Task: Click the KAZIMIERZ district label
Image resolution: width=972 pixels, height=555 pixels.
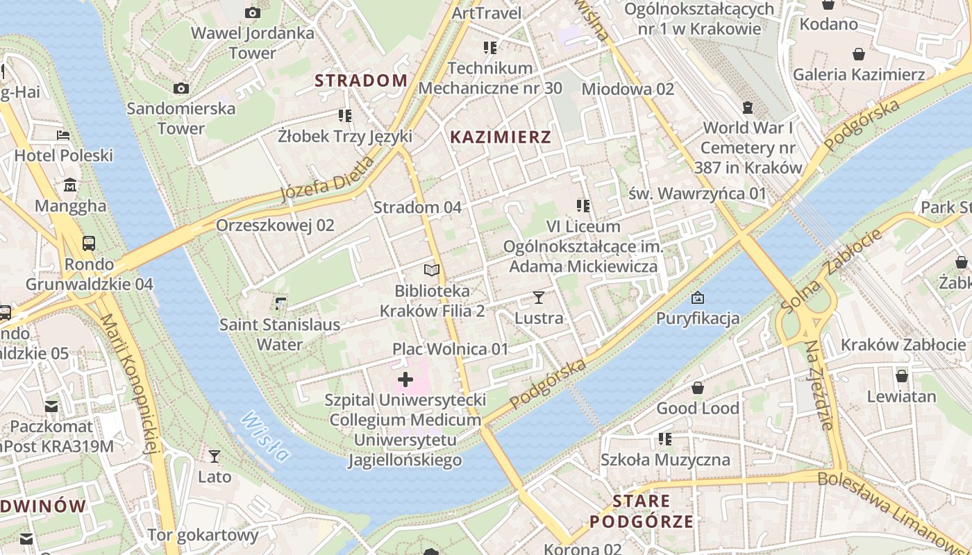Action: coord(501,137)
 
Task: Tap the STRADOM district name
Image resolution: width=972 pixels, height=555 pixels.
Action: coord(361,80)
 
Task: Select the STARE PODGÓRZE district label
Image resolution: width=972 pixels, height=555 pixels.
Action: coord(642,511)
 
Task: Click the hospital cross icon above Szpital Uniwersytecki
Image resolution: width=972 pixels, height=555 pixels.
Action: coord(405,379)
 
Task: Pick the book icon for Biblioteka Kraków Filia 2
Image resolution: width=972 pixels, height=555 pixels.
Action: coord(432,271)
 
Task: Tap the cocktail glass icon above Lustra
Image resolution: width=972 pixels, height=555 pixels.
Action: coord(539,298)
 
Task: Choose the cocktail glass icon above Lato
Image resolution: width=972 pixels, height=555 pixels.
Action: coord(215,456)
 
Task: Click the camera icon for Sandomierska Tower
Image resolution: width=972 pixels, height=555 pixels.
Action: coord(181,88)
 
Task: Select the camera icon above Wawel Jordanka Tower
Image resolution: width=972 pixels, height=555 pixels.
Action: coord(253,12)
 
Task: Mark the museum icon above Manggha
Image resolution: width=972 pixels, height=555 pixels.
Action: coord(71,185)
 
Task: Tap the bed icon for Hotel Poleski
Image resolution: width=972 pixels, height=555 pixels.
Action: coord(63,135)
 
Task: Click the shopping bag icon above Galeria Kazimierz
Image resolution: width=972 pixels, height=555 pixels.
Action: coord(859,54)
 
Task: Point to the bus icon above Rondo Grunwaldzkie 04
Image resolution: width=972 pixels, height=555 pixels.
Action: coord(89,244)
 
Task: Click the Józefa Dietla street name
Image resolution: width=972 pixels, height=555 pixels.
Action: coord(327,179)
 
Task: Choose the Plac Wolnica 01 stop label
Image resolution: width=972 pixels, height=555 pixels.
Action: coord(451,348)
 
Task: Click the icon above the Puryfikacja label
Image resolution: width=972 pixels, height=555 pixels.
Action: coord(698,298)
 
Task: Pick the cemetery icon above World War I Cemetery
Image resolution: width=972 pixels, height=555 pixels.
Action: coord(748,108)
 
